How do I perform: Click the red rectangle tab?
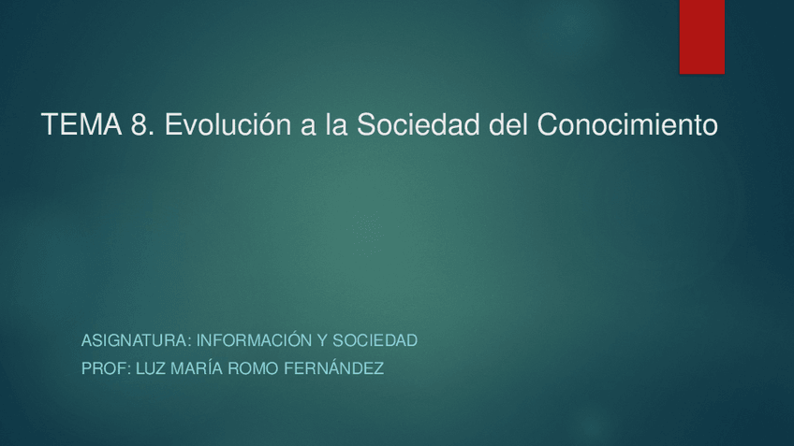point(701,36)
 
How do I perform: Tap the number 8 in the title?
point(140,124)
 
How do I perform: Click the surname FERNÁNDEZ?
point(339,369)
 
